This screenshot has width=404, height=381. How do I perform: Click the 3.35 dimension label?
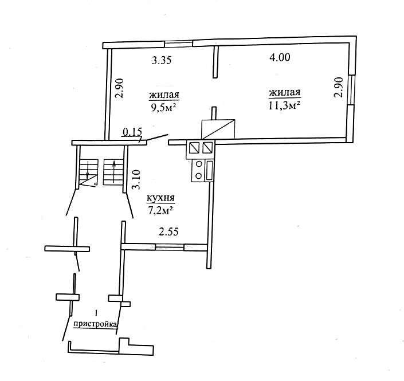[162, 61]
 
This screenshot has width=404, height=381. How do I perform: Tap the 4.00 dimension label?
[280, 57]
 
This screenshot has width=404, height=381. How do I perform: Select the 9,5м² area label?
[163, 108]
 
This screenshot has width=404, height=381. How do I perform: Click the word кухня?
[161, 198]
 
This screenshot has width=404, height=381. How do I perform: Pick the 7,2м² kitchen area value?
[160, 211]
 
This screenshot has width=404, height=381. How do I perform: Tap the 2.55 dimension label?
[168, 232]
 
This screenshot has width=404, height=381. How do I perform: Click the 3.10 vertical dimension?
[136, 179]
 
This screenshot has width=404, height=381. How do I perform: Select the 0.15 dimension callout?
[133, 132]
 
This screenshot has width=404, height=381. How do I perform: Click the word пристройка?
[95, 324]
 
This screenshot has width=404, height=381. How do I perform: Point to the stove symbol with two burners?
[202, 171]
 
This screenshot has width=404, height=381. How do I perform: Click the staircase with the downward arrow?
[88, 172]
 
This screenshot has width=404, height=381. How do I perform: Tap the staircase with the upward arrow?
[113, 172]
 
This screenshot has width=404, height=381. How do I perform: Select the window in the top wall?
[179, 44]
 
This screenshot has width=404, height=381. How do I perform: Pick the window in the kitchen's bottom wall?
[170, 248]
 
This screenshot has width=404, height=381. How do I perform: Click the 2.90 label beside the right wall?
[338, 87]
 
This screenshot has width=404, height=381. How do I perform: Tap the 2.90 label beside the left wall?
[120, 88]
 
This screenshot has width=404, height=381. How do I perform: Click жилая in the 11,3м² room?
[285, 92]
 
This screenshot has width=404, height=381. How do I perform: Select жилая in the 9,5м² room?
[164, 95]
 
